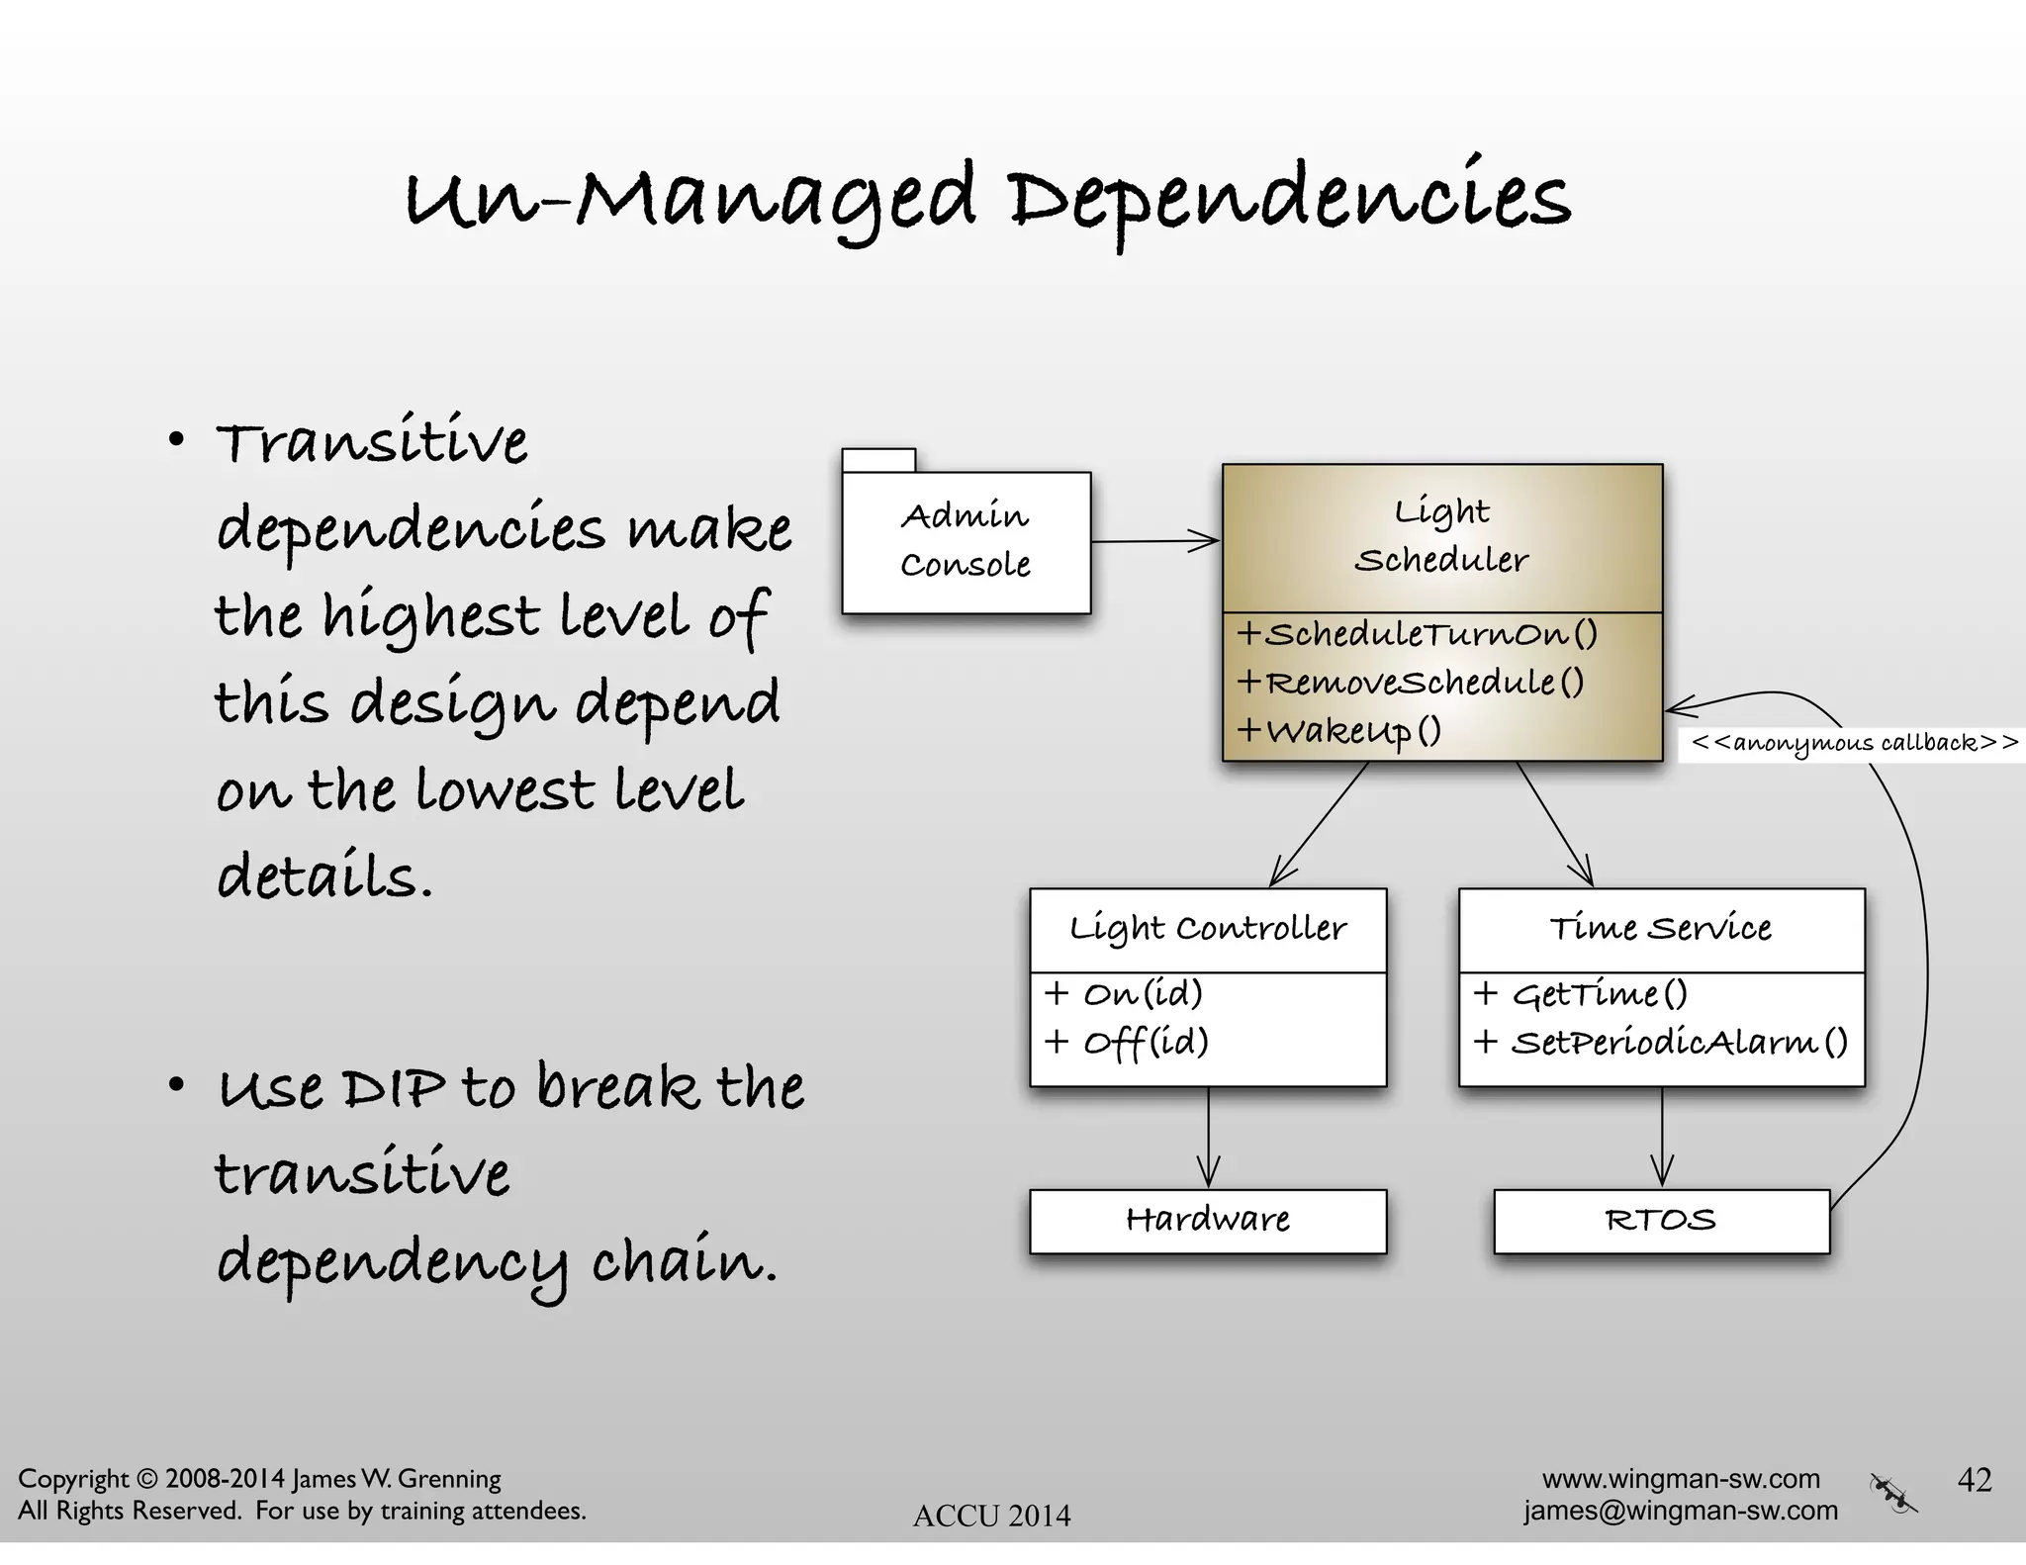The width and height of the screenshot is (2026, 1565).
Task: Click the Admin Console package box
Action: [x=966, y=541]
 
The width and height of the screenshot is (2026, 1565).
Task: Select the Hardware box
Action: [x=1207, y=1221]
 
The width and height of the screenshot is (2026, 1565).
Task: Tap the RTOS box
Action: [x=1661, y=1221]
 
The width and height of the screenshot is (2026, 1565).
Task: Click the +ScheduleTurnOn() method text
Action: [x=1417, y=634]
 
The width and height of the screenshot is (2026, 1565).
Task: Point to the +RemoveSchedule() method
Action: [x=1410, y=683]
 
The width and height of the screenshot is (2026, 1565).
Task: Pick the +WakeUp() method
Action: [x=1338, y=731]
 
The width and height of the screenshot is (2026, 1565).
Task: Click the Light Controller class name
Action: [x=1207, y=929]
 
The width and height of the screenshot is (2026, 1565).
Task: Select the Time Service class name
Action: [x=1661, y=929]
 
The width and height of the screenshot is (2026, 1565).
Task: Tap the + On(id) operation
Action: [x=1123, y=993]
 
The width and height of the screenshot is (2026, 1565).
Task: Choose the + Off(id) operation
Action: [x=1126, y=1043]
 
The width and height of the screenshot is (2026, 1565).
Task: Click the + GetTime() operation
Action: [x=1580, y=993]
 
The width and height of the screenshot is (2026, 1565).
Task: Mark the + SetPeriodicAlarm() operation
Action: [x=1660, y=1043]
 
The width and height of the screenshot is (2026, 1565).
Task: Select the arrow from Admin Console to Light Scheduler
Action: [x=1155, y=541]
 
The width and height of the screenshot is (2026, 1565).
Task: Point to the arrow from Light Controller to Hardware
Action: [x=1208, y=1138]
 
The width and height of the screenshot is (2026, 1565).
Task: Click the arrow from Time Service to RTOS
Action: [x=1662, y=1138]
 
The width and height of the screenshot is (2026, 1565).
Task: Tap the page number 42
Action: [x=1974, y=1480]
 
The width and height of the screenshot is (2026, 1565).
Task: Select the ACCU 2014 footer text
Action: [x=991, y=1516]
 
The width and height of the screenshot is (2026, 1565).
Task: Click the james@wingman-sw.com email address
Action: [x=1680, y=1511]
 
